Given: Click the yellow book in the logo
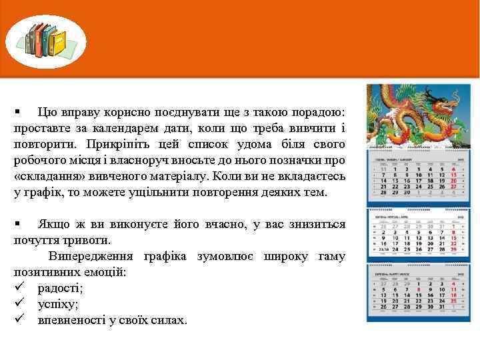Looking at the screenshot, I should coord(60,44).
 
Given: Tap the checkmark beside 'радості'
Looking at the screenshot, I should coord(19,288).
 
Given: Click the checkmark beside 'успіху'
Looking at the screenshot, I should coord(19,304).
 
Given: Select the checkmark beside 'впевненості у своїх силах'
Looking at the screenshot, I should coord(19,320).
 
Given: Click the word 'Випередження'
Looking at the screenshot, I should coord(86,257).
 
